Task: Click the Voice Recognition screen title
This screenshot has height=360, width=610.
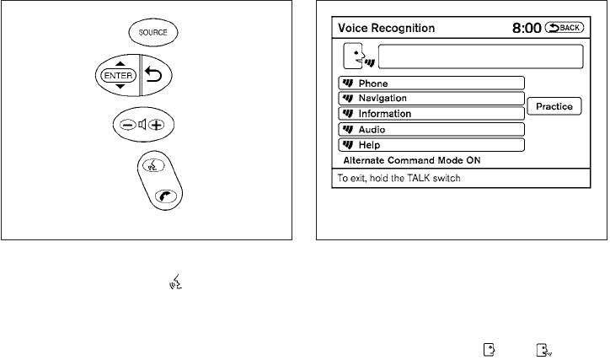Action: click(388, 28)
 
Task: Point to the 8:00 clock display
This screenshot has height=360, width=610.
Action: click(527, 28)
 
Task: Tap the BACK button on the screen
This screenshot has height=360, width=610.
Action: click(565, 27)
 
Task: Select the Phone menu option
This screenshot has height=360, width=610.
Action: click(431, 83)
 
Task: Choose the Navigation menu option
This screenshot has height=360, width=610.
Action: click(431, 98)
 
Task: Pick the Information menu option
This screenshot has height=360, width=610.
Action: click(431, 113)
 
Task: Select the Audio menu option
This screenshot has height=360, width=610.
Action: click(431, 129)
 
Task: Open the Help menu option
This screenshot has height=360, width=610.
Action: click(431, 144)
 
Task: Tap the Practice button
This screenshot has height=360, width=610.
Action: click(554, 106)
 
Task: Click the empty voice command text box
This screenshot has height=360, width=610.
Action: click(480, 56)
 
